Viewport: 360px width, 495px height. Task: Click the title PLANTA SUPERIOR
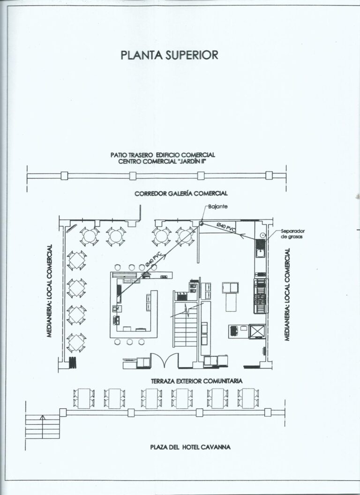coord(169,55)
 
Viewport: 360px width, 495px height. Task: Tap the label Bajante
coord(218,207)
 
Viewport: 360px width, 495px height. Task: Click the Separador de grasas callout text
coord(292,233)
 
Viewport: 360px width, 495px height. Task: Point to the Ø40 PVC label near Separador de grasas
coord(226,227)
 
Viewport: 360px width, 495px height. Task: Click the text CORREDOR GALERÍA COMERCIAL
coord(181,194)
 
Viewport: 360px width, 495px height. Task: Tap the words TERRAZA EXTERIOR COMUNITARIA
coord(196,381)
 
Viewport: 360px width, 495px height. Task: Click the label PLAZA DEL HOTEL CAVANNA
coord(190,447)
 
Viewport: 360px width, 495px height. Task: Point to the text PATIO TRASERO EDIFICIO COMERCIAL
coord(163,155)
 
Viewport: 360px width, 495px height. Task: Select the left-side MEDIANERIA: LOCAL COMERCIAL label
coord(49,291)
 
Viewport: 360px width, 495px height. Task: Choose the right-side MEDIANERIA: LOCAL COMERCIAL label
coord(287,294)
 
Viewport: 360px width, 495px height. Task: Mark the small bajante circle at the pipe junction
coord(201,224)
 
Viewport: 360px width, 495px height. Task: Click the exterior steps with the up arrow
coord(42,427)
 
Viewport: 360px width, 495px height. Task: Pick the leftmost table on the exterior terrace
coord(84,398)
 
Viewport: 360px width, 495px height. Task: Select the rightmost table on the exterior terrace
coord(248,398)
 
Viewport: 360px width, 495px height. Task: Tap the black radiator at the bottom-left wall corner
coord(73,362)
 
